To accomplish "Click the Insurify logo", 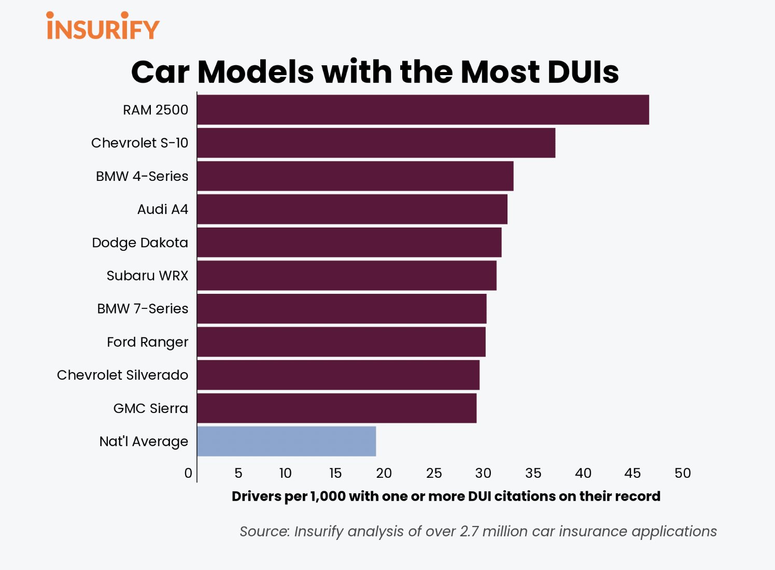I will tap(103, 26).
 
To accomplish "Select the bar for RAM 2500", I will tap(422, 110).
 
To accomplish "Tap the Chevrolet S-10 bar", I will tap(376, 143).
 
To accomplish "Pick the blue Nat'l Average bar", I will tap(287, 441).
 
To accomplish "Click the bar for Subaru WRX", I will tap(346, 276).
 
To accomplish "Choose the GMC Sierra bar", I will tap(336, 408).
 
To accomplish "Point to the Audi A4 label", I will tap(163, 209).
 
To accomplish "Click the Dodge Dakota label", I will tap(140, 243).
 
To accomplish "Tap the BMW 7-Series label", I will tap(143, 309).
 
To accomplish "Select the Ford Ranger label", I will tap(148, 342).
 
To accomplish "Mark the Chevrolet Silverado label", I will tap(122, 375).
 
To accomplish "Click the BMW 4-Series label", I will tap(142, 176).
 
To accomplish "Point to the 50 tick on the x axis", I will tap(683, 473).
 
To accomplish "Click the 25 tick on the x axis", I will tap(434, 473).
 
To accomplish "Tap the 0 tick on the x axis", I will tap(188, 473).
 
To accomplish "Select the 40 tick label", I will tap(583, 473).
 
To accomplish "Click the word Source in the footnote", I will tap(264, 532).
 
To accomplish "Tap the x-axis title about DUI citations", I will tap(446, 496).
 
